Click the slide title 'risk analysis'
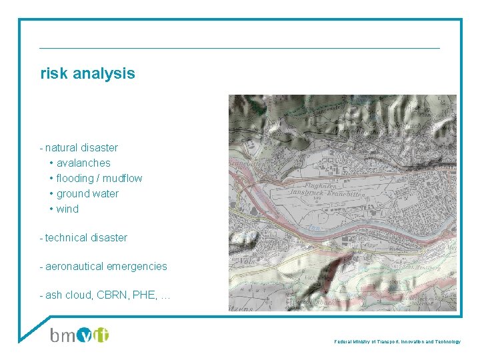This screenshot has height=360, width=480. (87, 73)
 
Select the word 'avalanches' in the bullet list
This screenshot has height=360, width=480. (83, 163)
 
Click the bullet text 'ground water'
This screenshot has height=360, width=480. (87, 193)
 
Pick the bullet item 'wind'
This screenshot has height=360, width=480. (67, 209)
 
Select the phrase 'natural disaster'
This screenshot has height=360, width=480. (81, 147)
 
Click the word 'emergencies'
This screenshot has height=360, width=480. (137, 266)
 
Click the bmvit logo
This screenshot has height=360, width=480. (79, 334)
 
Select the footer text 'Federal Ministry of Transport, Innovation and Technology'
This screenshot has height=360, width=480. (397, 341)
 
